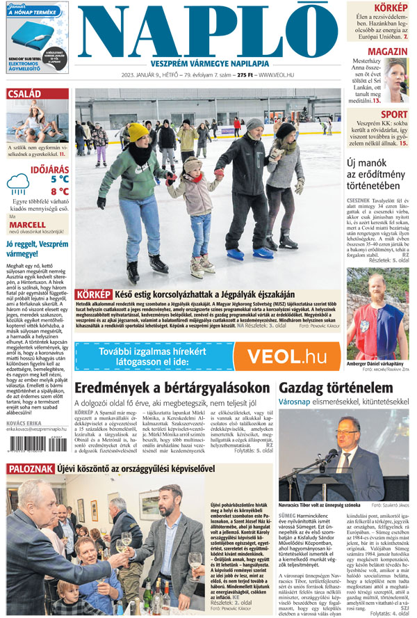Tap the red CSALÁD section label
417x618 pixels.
(x=24, y=94)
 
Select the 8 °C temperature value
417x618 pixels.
(x=60, y=191)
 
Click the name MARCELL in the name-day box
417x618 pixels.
(x=27, y=225)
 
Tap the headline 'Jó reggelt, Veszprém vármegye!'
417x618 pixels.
(x=35, y=248)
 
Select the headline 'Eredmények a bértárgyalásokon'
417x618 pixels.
(x=172, y=388)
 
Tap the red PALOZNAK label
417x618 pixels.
(x=30, y=470)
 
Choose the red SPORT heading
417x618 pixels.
(x=394, y=114)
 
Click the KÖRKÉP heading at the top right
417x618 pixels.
(x=391, y=7)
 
